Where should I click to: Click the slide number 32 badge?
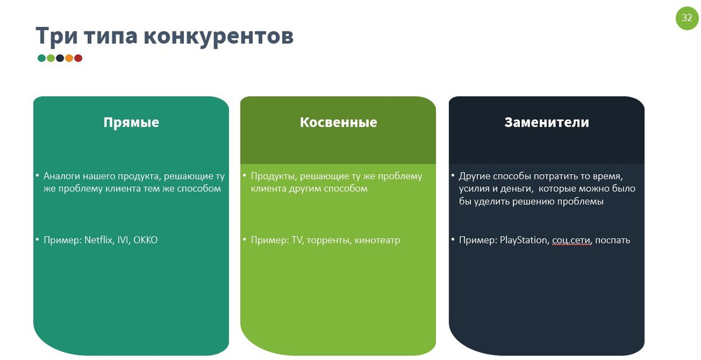pos(687,18)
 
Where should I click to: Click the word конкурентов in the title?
pos(218,36)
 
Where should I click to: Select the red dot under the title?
pos(78,58)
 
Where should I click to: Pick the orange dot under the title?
pos(69,58)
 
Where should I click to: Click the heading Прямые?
pos(131,122)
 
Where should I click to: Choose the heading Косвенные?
pos(338,122)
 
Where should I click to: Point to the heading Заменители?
pos(547,122)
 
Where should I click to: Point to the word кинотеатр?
pos(377,240)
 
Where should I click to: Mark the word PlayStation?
pos(523,240)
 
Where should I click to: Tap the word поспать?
pos(613,240)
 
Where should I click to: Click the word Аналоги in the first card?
pos(62,176)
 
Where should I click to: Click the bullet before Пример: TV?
pos(245,240)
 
